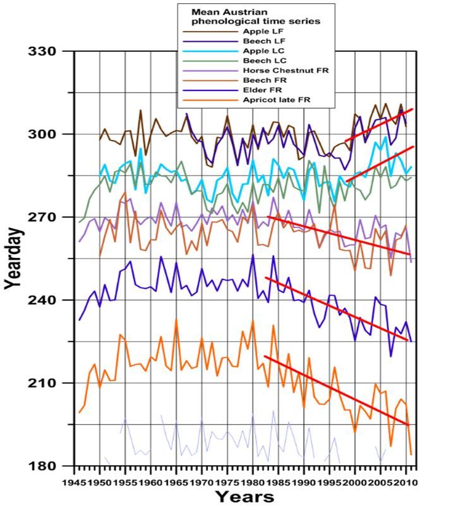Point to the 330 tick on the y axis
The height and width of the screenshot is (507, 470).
click(41, 51)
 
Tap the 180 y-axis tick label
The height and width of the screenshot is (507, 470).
click(41, 467)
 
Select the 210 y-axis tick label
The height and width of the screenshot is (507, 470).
click(41, 384)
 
